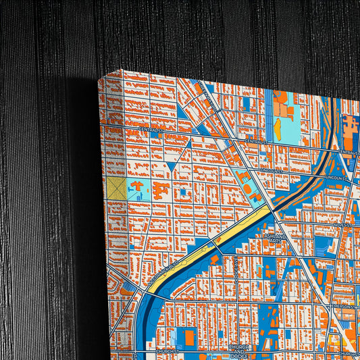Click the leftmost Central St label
151,128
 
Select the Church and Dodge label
240,350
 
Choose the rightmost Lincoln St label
336,178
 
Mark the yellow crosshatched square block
117,188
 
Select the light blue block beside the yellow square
138,190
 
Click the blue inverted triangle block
172,162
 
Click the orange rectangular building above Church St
190,336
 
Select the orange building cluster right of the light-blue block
160,189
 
